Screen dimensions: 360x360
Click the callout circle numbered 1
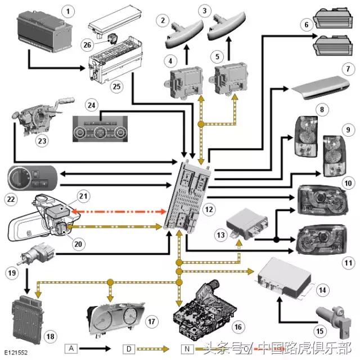[x=68, y=11]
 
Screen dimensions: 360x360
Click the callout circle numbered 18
[x=51, y=336]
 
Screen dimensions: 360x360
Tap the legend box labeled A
[x=71, y=348]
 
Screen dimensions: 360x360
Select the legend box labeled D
[x=128, y=348]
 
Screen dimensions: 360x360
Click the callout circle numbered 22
[x=12, y=199]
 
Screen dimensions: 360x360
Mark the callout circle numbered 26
[x=87, y=44]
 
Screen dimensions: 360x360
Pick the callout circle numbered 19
[x=12, y=274]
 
